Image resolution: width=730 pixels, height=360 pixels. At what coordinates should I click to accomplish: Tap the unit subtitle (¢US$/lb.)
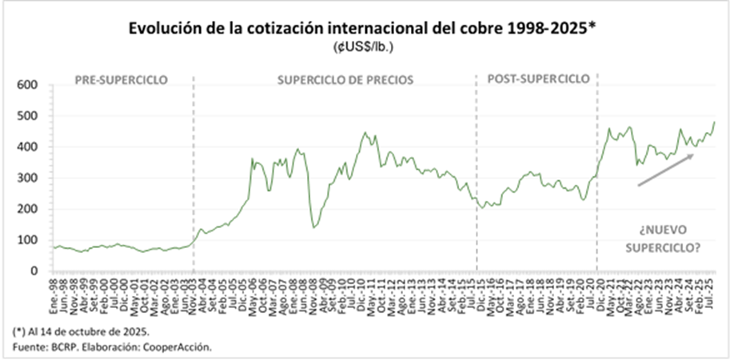click(x=365, y=47)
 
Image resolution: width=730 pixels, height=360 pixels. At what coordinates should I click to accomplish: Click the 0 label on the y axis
click(x=35, y=271)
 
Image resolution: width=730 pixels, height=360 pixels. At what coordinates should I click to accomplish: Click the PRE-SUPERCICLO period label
click(x=121, y=80)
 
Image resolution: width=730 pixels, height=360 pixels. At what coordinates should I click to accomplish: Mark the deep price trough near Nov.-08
click(x=314, y=227)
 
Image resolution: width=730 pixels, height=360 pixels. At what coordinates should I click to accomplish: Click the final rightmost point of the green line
click(x=714, y=122)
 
